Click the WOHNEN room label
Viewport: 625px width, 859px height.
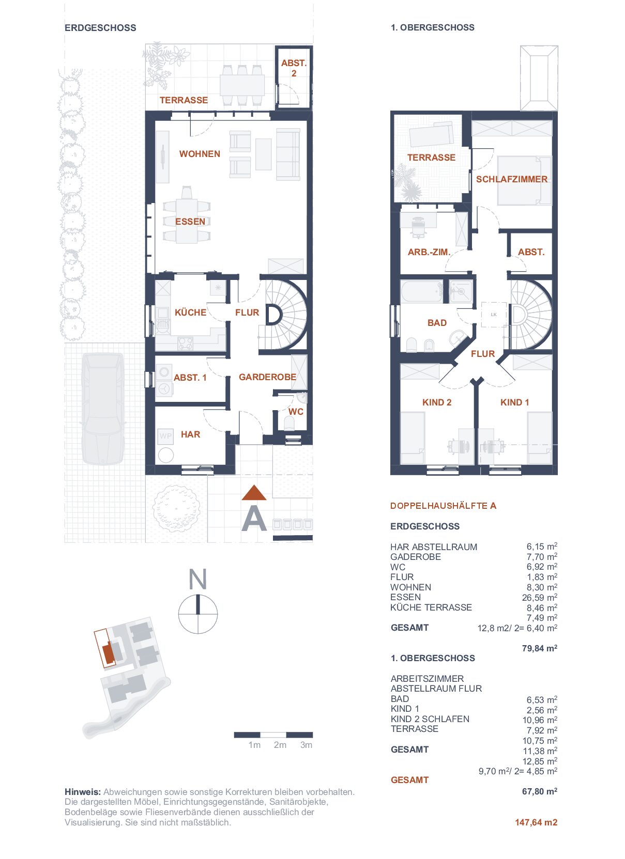coord(200,154)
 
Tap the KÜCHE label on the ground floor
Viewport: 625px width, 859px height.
coord(190,312)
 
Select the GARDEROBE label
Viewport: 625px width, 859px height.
coord(267,377)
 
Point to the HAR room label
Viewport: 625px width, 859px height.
coord(190,434)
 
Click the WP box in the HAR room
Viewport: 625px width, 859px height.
coord(165,436)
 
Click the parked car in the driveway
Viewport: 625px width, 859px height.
coord(103,409)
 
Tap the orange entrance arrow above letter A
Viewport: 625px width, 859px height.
coord(254,493)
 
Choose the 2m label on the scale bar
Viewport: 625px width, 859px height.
coord(280,745)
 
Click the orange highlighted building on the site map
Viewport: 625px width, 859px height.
coord(109,653)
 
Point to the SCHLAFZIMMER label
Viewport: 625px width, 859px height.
coord(512,179)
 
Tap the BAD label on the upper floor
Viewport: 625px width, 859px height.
coord(437,323)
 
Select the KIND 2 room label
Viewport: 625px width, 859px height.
coord(437,402)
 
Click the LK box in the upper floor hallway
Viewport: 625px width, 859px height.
coord(494,315)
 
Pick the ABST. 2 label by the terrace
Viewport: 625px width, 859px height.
coord(294,68)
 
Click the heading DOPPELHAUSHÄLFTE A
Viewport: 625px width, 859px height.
coord(444,506)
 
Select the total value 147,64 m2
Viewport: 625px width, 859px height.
coord(536,822)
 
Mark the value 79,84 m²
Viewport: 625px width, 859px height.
coord(539,648)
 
